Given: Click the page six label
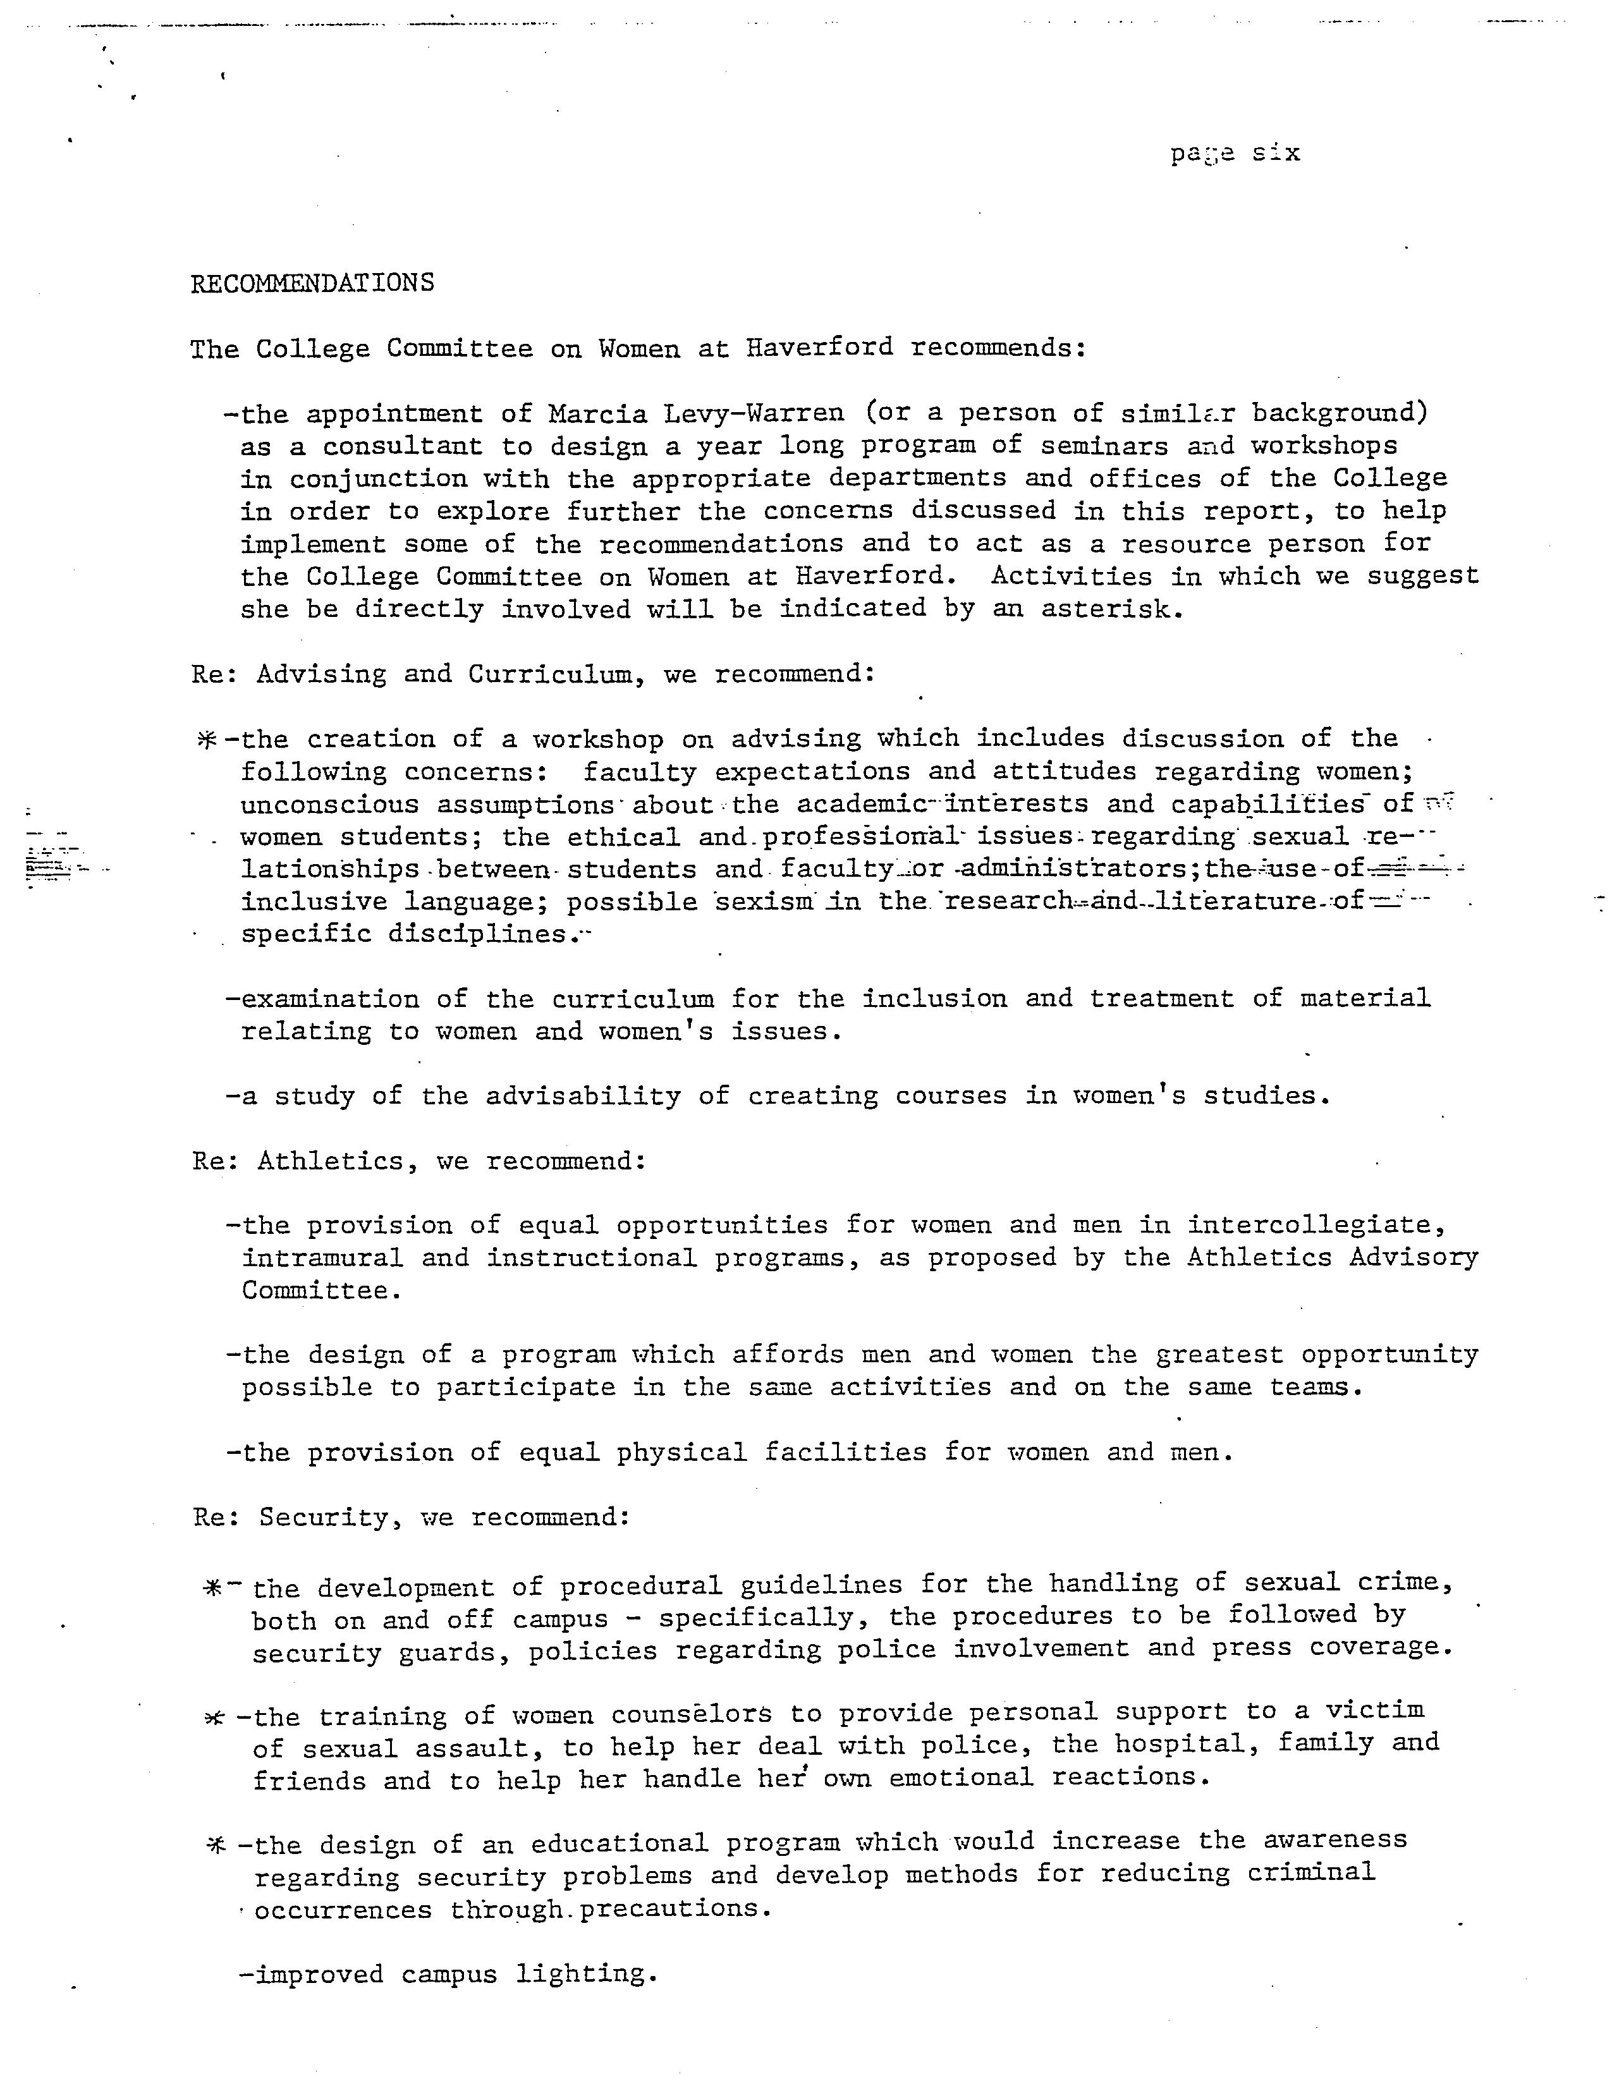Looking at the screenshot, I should point(1235,153).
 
